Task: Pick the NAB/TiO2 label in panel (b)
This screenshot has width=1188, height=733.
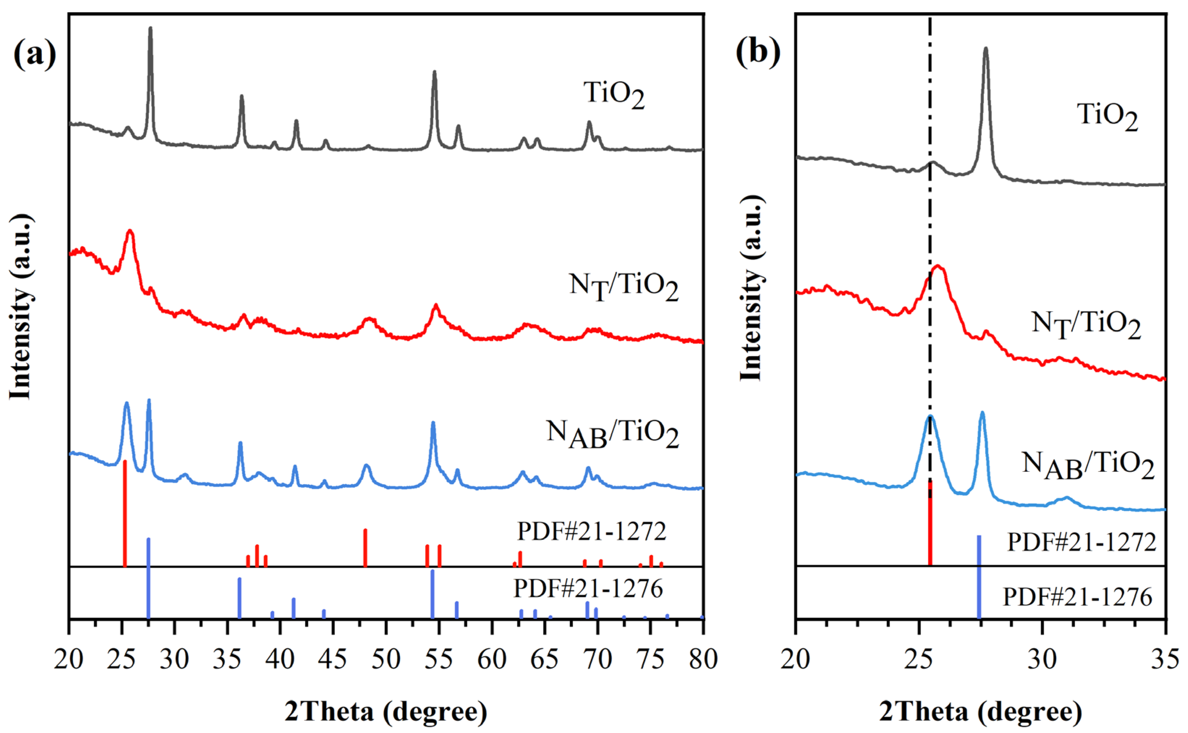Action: (1088, 465)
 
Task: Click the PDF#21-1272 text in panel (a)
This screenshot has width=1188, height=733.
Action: (592, 531)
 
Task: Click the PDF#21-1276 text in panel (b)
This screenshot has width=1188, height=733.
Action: (1077, 597)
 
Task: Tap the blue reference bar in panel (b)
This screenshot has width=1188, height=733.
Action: (979, 577)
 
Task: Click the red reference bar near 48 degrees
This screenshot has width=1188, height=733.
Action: (365, 547)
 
